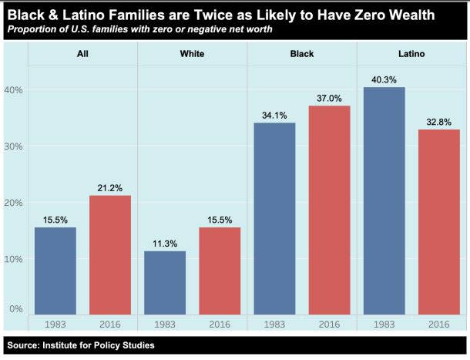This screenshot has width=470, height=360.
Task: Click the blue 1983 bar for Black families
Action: tap(274, 218)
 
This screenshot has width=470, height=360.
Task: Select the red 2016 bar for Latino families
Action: tap(438, 221)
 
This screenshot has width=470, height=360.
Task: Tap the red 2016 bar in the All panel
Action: tap(110, 254)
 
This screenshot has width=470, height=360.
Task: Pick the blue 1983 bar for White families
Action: tap(165, 282)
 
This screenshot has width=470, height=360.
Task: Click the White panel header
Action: tap(193, 55)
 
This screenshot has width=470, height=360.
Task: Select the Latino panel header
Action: tap(411, 55)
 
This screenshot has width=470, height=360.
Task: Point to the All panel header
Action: tap(83, 55)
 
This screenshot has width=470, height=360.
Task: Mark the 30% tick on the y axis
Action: tap(15, 146)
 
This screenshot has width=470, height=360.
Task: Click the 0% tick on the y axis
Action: tap(18, 309)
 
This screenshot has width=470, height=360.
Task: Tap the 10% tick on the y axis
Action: tap(15, 258)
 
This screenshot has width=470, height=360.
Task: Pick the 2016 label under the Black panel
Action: tap(329, 325)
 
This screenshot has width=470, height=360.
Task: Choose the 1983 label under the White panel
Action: tap(165, 325)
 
